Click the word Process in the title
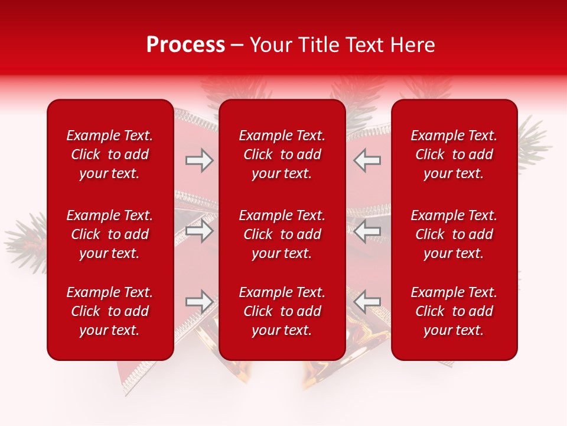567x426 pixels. pos(185,45)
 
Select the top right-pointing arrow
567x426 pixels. pos(199,160)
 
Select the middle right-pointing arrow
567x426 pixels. pos(199,231)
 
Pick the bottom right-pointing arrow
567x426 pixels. pos(199,302)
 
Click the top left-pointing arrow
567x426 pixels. pos(367,160)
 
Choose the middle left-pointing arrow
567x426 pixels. pos(367,231)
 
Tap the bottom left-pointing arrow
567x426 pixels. pos(367,302)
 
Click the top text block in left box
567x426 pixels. pos(110,154)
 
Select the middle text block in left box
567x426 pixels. pos(110,234)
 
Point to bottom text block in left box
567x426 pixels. pos(110,311)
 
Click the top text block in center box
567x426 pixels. pos(282,154)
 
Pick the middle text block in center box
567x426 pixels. pos(282,234)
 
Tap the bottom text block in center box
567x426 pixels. pos(282,311)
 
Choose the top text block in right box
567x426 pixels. pos(454,154)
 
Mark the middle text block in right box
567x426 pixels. pos(454,234)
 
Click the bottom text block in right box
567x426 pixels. pos(454,311)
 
